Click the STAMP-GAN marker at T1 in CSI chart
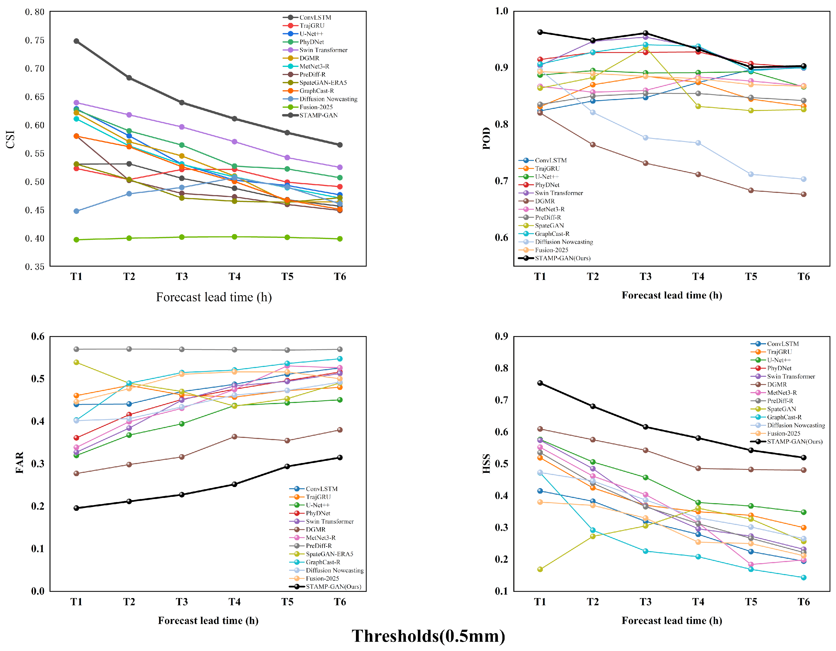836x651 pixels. coord(77,41)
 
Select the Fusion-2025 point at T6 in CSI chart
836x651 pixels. coord(340,239)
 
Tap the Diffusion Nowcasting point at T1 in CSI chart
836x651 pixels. coord(77,211)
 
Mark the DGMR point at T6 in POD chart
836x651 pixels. coord(804,194)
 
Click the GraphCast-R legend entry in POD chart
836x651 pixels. coord(544,234)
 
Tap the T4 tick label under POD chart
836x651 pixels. coord(698,276)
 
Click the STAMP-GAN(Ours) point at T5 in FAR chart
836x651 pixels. coord(287,466)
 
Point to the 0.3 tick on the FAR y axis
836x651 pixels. coord(38,463)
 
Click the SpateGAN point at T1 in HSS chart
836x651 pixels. coord(540,569)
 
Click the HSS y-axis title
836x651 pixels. coord(487,464)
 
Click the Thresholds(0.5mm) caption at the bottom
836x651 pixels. coord(428,636)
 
